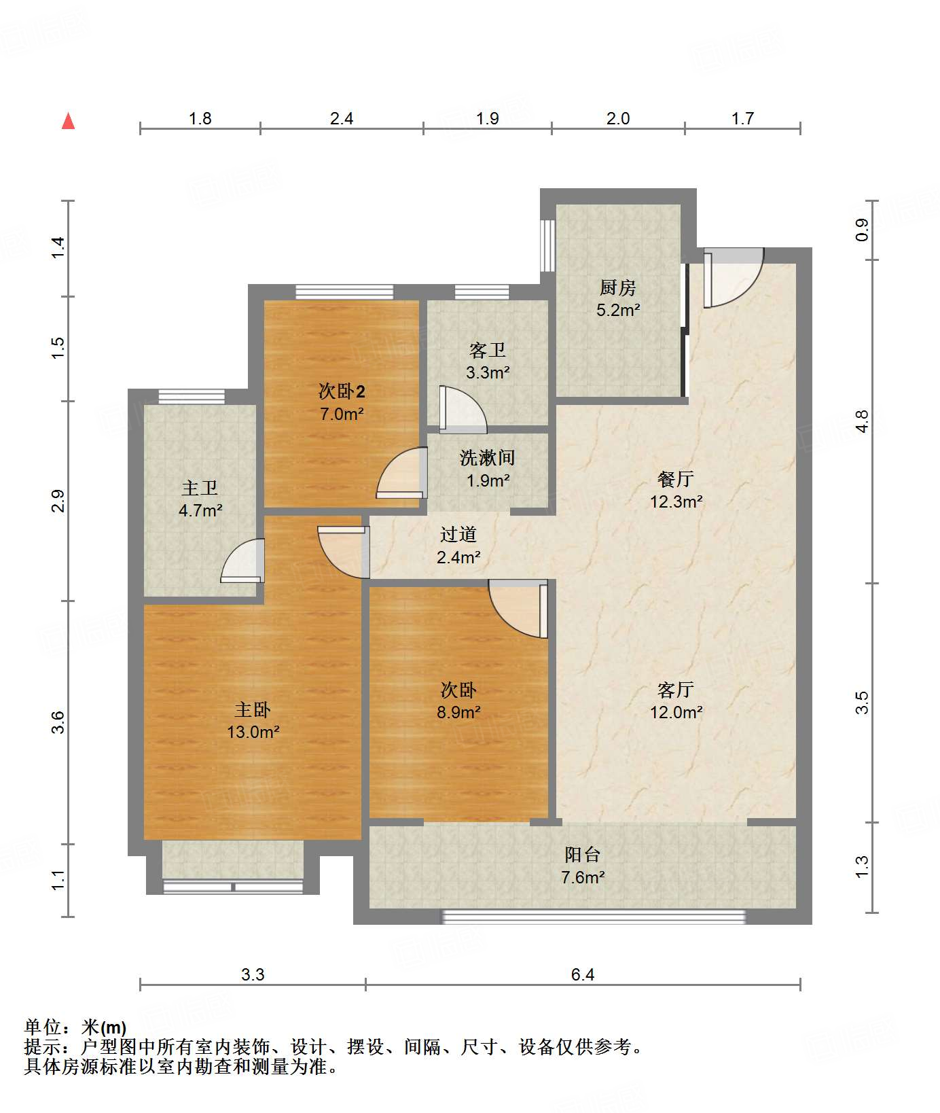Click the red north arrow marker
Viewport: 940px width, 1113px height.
[68, 121]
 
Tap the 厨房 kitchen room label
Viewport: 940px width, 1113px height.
[617, 288]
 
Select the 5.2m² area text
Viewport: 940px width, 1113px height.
[618, 311]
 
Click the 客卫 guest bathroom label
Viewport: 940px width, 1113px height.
[488, 351]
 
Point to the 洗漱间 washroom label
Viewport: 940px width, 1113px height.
[488, 458]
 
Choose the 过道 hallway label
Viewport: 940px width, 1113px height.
[458, 535]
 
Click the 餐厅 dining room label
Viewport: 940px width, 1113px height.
[676, 479]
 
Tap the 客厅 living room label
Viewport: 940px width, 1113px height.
[676, 690]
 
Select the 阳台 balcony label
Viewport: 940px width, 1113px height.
[583, 855]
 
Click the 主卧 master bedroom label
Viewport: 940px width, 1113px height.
[253, 710]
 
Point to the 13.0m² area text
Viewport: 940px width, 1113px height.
[253, 732]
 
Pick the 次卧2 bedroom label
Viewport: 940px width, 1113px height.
[342, 391]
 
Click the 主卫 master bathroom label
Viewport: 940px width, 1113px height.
[200, 488]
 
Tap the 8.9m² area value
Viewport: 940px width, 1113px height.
[458, 712]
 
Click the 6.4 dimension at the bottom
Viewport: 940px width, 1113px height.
[583, 975]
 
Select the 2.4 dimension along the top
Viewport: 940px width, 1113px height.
[342, 119]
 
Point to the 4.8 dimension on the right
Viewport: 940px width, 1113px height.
[862, 421]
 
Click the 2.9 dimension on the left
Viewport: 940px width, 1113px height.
[58, 501]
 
